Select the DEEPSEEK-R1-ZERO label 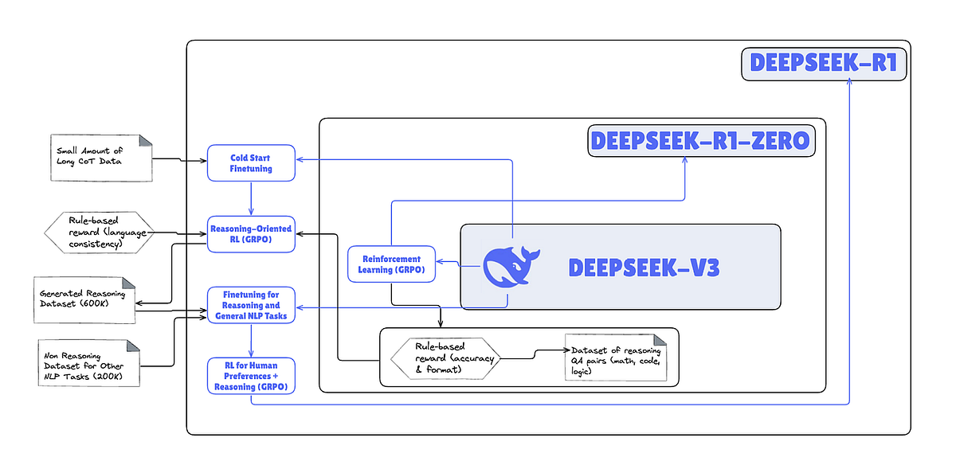[x=700, y=141]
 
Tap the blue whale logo [x=511, y=266]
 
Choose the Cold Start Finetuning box [x=251, y=162]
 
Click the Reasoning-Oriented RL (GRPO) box [x=251, y=235]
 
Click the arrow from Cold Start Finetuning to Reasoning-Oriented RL [x=251, y=197]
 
